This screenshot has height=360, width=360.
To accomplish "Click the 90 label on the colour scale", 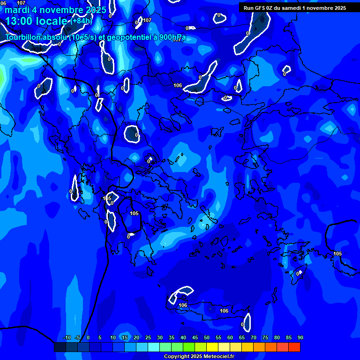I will click(x=300, y=337).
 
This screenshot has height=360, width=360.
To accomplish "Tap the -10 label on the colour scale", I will click(x=67, y=337).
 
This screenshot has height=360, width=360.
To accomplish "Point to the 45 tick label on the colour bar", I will click(x=195, y=337).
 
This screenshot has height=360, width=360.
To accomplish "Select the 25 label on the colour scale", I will click(x=148, y=337).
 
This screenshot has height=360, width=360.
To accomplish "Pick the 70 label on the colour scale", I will click(x=253, y=337).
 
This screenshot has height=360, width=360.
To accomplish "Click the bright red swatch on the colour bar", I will click(x=294, y=347).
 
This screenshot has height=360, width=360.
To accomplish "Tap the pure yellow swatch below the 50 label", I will click(x=212, y=347).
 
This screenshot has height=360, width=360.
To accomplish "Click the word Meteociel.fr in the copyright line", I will click(x=219, y=357).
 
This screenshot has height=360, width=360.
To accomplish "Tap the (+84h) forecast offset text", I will click(x=81, y=21).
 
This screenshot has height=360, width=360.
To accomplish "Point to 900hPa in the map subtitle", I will click(x=171, y=37).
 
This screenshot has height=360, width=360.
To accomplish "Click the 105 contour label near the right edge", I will click(x=337, y=254).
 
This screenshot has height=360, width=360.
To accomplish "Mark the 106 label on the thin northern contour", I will click(x=178, y=85).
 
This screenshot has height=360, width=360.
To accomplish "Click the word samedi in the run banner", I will click(x=293, y=8).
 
